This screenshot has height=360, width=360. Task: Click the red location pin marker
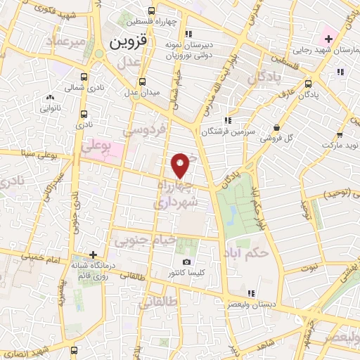click(181, 165)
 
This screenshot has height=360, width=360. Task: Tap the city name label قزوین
click(128, 41)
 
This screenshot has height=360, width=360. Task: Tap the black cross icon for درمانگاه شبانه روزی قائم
click(93, 255)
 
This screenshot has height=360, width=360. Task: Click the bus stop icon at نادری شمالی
click(84, 77)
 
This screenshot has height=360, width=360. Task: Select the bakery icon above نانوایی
click(49, 98)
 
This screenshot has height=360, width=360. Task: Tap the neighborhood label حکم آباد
click(248, 252)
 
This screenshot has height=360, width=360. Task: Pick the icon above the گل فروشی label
click(277, 128)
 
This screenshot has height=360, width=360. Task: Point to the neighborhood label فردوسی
click(146, 129)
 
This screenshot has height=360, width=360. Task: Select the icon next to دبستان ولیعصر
click(251, 293)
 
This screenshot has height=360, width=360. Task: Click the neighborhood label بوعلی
click(96, 147)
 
